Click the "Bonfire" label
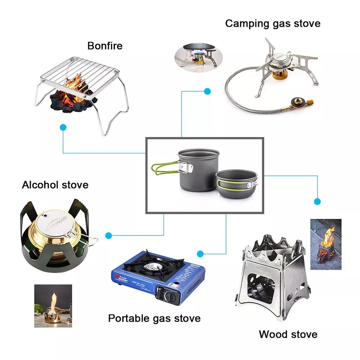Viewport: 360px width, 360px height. tap(105, 46)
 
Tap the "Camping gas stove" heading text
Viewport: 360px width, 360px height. tap(273, 24)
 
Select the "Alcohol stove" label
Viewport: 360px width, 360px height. tap(55, 185)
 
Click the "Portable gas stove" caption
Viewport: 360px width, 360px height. tap(154, 318)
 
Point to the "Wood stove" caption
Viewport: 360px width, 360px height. tap(288, 334)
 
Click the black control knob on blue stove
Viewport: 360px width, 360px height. tap(169, 296)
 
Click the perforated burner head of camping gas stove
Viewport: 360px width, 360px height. tap(282, 61)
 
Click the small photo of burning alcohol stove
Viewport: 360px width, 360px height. tap(53, 306)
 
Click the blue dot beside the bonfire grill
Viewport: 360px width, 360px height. tap(63, 127)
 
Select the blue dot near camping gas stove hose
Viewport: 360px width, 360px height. tap(207, 91)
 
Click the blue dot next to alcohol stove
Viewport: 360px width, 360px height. tap(108, 236)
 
